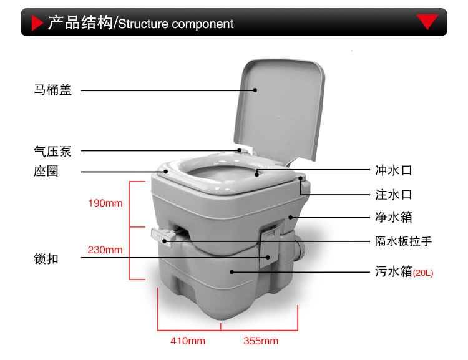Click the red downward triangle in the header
coord(427,22)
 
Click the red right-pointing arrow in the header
coord(36,23)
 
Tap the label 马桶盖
coord(53,90)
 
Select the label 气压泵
coord(53,150)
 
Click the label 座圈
coord(46,171)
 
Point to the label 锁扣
coord(46,258)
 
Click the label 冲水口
coord(394,170)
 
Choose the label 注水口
coord(394,194)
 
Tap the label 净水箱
coord(394,218)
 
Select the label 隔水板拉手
coord(403,241)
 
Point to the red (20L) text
coord(423,273)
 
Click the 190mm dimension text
coord(105,203)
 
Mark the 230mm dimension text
coord(105,250)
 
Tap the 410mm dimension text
coord(188,341)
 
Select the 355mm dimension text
coord(261,341)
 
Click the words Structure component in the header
coord(175,24)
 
